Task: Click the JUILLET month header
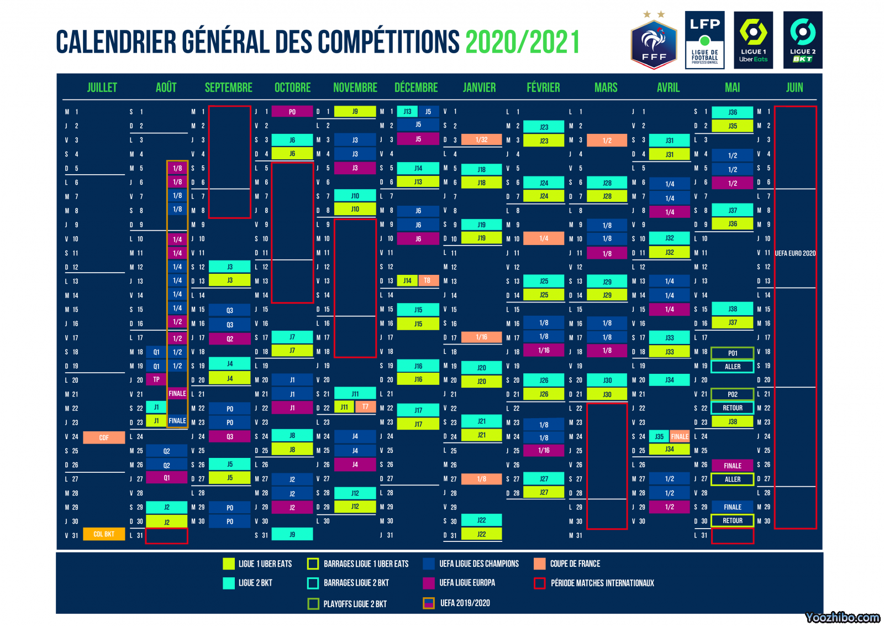coord(102,87)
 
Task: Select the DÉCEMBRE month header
coord(416,87)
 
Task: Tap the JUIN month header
coord(794,87)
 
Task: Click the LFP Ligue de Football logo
coord(704,40)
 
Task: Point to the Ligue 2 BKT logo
coord(803,40)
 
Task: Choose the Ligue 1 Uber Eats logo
coord(754,40)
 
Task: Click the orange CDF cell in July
coord(104,437)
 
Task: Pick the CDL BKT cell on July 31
coord(104,534)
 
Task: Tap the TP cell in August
coord(156,379)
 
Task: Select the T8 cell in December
coord(427,281)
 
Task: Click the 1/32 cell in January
coord(481,140)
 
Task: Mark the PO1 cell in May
coord(733,353)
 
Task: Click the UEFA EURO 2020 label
coord(795,253)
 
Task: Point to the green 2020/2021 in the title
coord(523,43)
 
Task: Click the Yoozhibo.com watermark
coord(843,617)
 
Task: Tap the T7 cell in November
coord(365,407)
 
